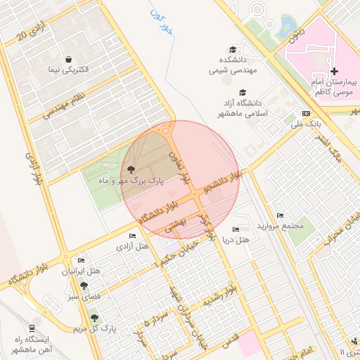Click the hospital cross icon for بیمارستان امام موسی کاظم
tap(334, 71)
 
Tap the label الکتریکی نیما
tap(69, 70)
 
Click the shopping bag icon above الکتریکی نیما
tap(69, 59)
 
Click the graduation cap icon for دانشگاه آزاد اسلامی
tap(243, 93)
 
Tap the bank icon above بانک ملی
tap(306, 112)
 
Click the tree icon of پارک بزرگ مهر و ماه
tap(131, 169)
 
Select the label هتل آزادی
tap(133, 247)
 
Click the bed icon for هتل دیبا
tap(236, 229)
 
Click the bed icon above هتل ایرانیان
tap(81, 260)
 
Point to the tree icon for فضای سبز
tap(84, 285)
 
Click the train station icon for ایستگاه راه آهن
tap(32, 328)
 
